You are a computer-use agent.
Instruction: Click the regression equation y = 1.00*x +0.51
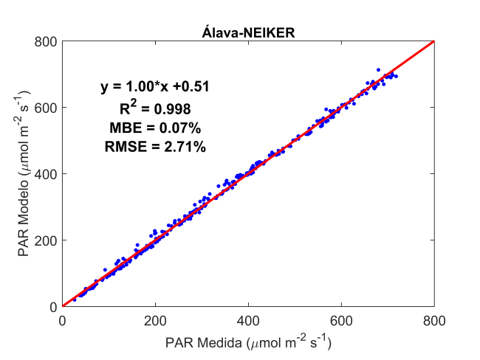(x=155, y=87)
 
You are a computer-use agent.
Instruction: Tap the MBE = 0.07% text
(x=155, y=128)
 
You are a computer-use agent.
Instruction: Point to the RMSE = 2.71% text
(x=155, y=148)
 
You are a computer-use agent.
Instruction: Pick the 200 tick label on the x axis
(x=155, y=321)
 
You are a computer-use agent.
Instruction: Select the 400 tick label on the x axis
(x=248, y=321)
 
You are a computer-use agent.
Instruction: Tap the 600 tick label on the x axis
(x=341, y=321)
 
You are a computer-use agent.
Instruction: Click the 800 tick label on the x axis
(x=434, y=321)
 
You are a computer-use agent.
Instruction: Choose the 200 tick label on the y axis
(x=46, y=240)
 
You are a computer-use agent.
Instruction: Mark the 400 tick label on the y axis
(x=46, y=173)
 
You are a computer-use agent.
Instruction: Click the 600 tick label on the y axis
(x=46, y=107)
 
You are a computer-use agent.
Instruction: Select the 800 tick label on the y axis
(x=46, y=41)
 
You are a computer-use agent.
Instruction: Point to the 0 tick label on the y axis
(x=52, y=306)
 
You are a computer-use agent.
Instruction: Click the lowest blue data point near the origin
(x=74, y=300)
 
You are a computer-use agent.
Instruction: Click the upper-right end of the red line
(x=433, y=41)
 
